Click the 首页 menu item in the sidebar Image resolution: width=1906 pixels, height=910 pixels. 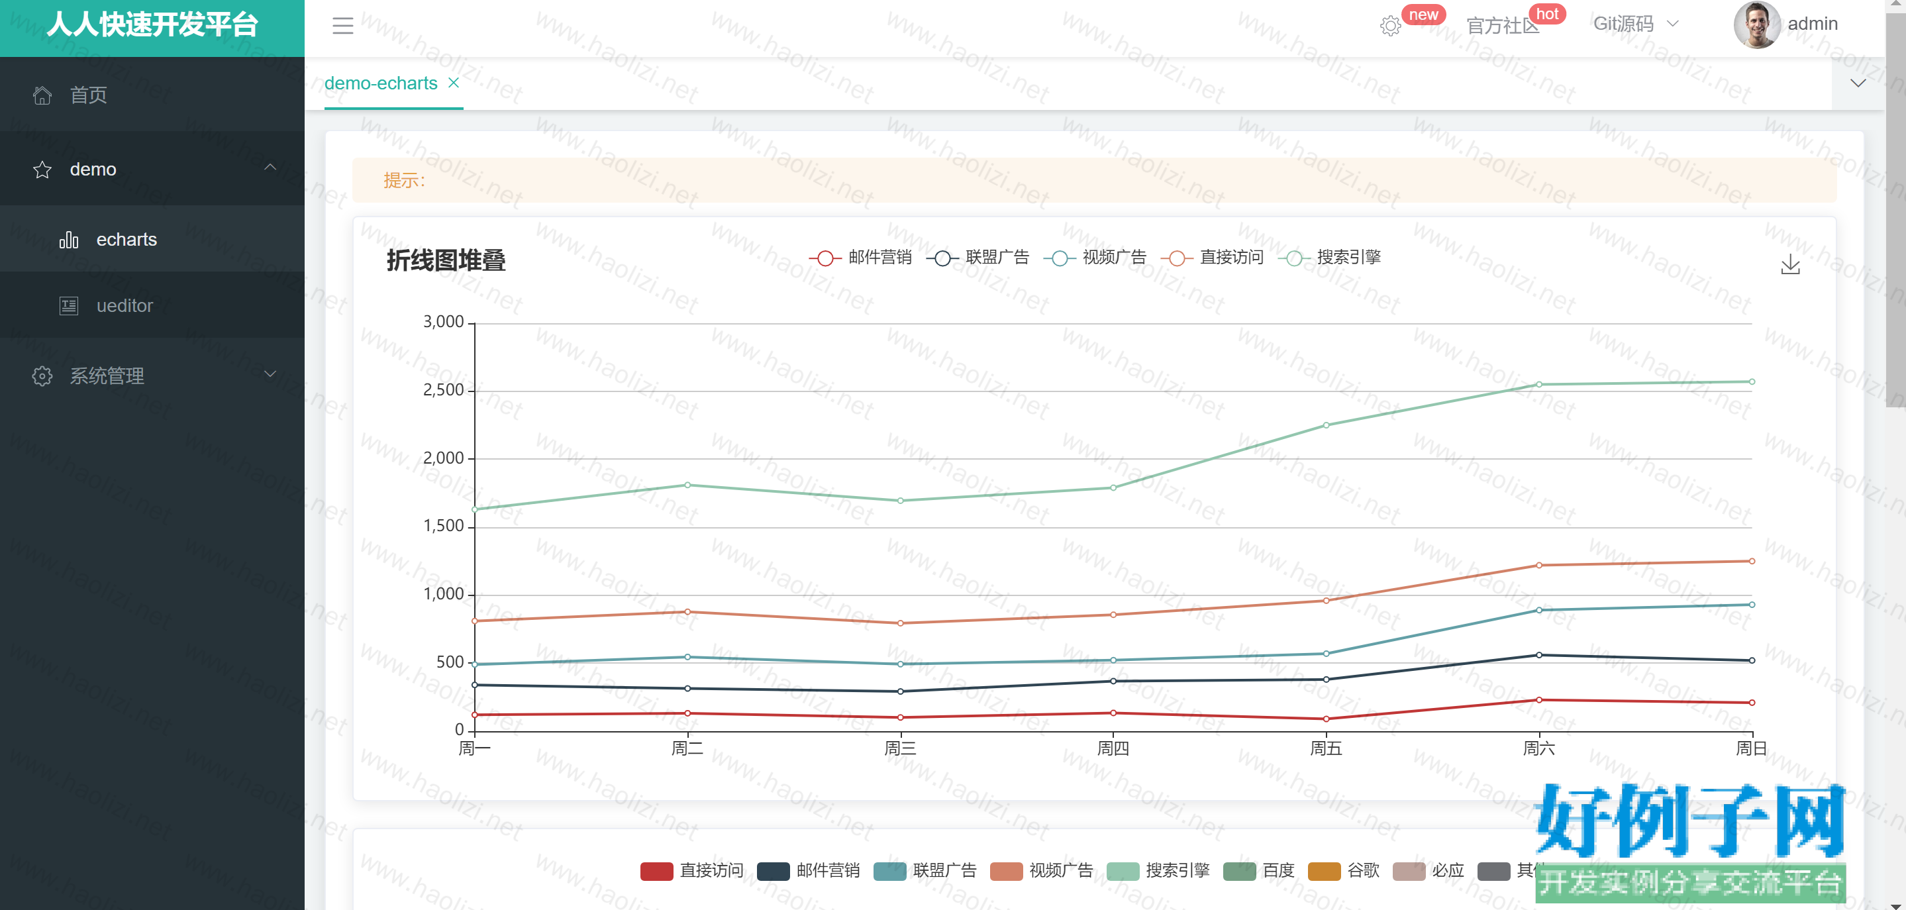tap(88, 95)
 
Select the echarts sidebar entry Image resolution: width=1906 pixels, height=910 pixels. tap(126, 240)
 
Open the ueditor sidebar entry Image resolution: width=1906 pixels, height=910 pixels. tap(125, 305)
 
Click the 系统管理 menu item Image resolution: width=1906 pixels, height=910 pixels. tap(107, 376)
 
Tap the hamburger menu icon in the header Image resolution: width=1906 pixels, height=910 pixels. tap(342, 26)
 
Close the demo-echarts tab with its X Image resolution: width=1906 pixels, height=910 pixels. tap(454, 83)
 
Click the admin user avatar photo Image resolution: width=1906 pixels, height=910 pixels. tap(1756, 25)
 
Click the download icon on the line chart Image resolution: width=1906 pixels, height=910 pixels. tap(1790, 264)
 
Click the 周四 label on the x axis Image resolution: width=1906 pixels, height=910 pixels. tap(1113, 748)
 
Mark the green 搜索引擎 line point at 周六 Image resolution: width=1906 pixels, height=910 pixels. tap(1539, 385)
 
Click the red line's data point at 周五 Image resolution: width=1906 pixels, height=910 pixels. tap(1326, 719)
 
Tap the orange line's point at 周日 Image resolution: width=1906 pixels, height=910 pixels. tap(1751, 561)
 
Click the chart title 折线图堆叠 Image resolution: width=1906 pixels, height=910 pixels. tap(446, 260)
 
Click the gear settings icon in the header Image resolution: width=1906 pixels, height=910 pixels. tap(1390, 26)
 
